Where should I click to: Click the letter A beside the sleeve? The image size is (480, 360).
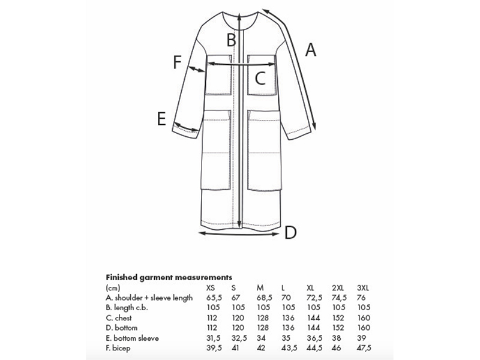pyautogui.click(x=310, y=50)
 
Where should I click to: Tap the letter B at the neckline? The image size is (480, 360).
pyautogui.click(x=232, y=41)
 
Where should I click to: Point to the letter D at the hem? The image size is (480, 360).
pyautogui.click(x=290, y=232)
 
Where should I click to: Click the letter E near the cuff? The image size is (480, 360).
pyautogui.click(x=161, y=119)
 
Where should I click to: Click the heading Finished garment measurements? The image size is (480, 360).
pyautogui.click(x=169, y=278)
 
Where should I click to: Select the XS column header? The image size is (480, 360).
pyautogui.click(x=211, y=287)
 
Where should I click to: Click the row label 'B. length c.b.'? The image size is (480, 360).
pyautogui.click(x=127, y=308)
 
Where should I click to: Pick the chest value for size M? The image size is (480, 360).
pyautogui.click(x=262, y=318)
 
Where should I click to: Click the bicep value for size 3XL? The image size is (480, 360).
pyautogui.click(x=364, y=348)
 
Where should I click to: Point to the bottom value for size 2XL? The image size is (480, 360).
pyautogui.click(x=338, y=328)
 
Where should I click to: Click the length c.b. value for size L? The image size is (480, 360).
pyautogui.click(x=287, y=308)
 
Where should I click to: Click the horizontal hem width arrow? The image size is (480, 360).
pyautogui.click(x=240, y=232)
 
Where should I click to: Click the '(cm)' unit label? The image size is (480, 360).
pyautogui.click(x=112, y=288)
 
